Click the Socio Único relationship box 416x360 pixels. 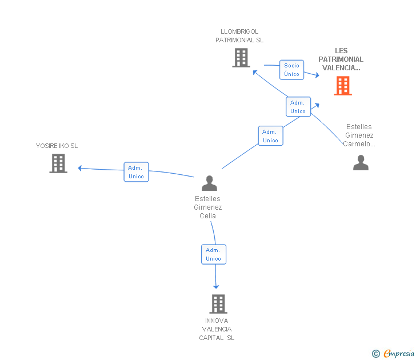pyautogui.click(x=291, y=70)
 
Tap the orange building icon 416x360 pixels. pyautogui.click(x=343, y=86)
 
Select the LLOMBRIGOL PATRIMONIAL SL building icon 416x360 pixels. pyautogui.click(x=241, y=58)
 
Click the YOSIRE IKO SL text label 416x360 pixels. pyautogui.click(x=57, y=146)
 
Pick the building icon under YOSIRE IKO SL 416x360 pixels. pyautogui.click(x=58, y=163)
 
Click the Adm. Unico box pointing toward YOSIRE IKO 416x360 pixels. pyautogui.click(x=137, y=172)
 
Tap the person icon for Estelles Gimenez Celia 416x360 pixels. pyautogui.click(x=209, y=183)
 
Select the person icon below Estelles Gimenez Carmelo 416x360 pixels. pyautogui.click(x=361, y=163)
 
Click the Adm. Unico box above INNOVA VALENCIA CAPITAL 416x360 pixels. pyautogui.click(x=214, y=254)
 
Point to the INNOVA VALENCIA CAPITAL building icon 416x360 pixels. pyautogui.click(x=218, y=304)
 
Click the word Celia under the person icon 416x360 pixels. pyautogui.click(x=208, y=215)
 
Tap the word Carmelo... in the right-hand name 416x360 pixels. pyautogui.click(x=359, y=144)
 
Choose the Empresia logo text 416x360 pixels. pyautogui.click(x=399, y=353)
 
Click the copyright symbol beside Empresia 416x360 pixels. pyautogui.click(x=376, y=354)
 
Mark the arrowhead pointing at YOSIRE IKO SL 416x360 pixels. pyautogui.click(x=79, y=168)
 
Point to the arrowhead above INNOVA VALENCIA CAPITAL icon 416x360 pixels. pyautogui.click(x=216, y=287)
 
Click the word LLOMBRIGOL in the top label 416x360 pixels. pyautogui.click(x=239, y=31)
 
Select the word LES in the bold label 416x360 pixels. pyautogui.click(x=341, y=51)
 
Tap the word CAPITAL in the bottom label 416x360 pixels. pyautogui.click(x=211, y=338)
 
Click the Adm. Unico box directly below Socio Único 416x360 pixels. pyautogui.click(x=298, y=107)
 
